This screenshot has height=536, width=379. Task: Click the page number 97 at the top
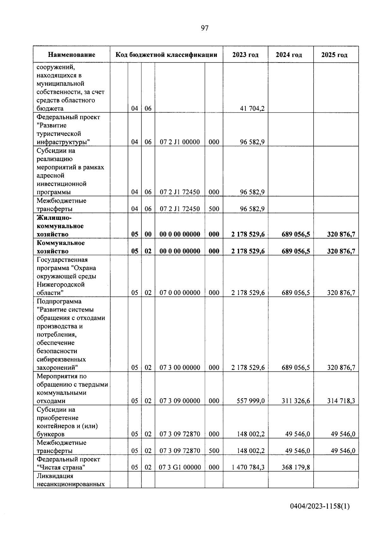pyautogui.click(x=205, y=28)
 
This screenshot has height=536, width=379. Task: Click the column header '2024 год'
pyautogui.click(x=289, y=55)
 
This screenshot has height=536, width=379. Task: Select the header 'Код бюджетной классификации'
pyautogui.click(x=166, y=55)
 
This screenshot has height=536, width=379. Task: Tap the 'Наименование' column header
pyautogui.click(x=72, y=55)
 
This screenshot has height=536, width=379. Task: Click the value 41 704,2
pyautogui.click(x=252, y=109)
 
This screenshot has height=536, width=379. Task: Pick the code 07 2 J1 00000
pyautogui.click(x=180, y=142)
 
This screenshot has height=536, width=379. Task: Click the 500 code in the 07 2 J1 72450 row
pyautogui.click(x=214, y=209)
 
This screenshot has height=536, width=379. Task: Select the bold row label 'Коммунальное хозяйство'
pyautogui.click(x=61, y=247)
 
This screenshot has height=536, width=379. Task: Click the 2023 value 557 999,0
pyautogui.click(x=250, y=401)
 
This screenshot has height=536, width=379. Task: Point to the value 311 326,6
pyautogui.click(x=296, y=401)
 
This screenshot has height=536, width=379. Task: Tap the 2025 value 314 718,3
pyautogui.click(x=341, y=401)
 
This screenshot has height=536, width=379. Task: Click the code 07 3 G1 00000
pyautogui.click(x=180, y=467)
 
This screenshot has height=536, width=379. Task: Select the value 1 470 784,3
pyautogui.click(x=248, y=467)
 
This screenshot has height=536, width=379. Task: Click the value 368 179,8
pyautogui.click(x=296, y=467)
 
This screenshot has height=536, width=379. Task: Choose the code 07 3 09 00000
pyautogui.click(x=180, y=401)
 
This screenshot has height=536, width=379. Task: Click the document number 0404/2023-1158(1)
pyautogui.click(x=320, y=507)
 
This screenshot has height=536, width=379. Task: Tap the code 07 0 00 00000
pyautogui.click(x=180, y=293)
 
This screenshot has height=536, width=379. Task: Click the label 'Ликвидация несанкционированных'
pyautogui.click(x=70, y=480)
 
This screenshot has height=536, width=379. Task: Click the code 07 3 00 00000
pyautogui.click(x=180, y=368)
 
